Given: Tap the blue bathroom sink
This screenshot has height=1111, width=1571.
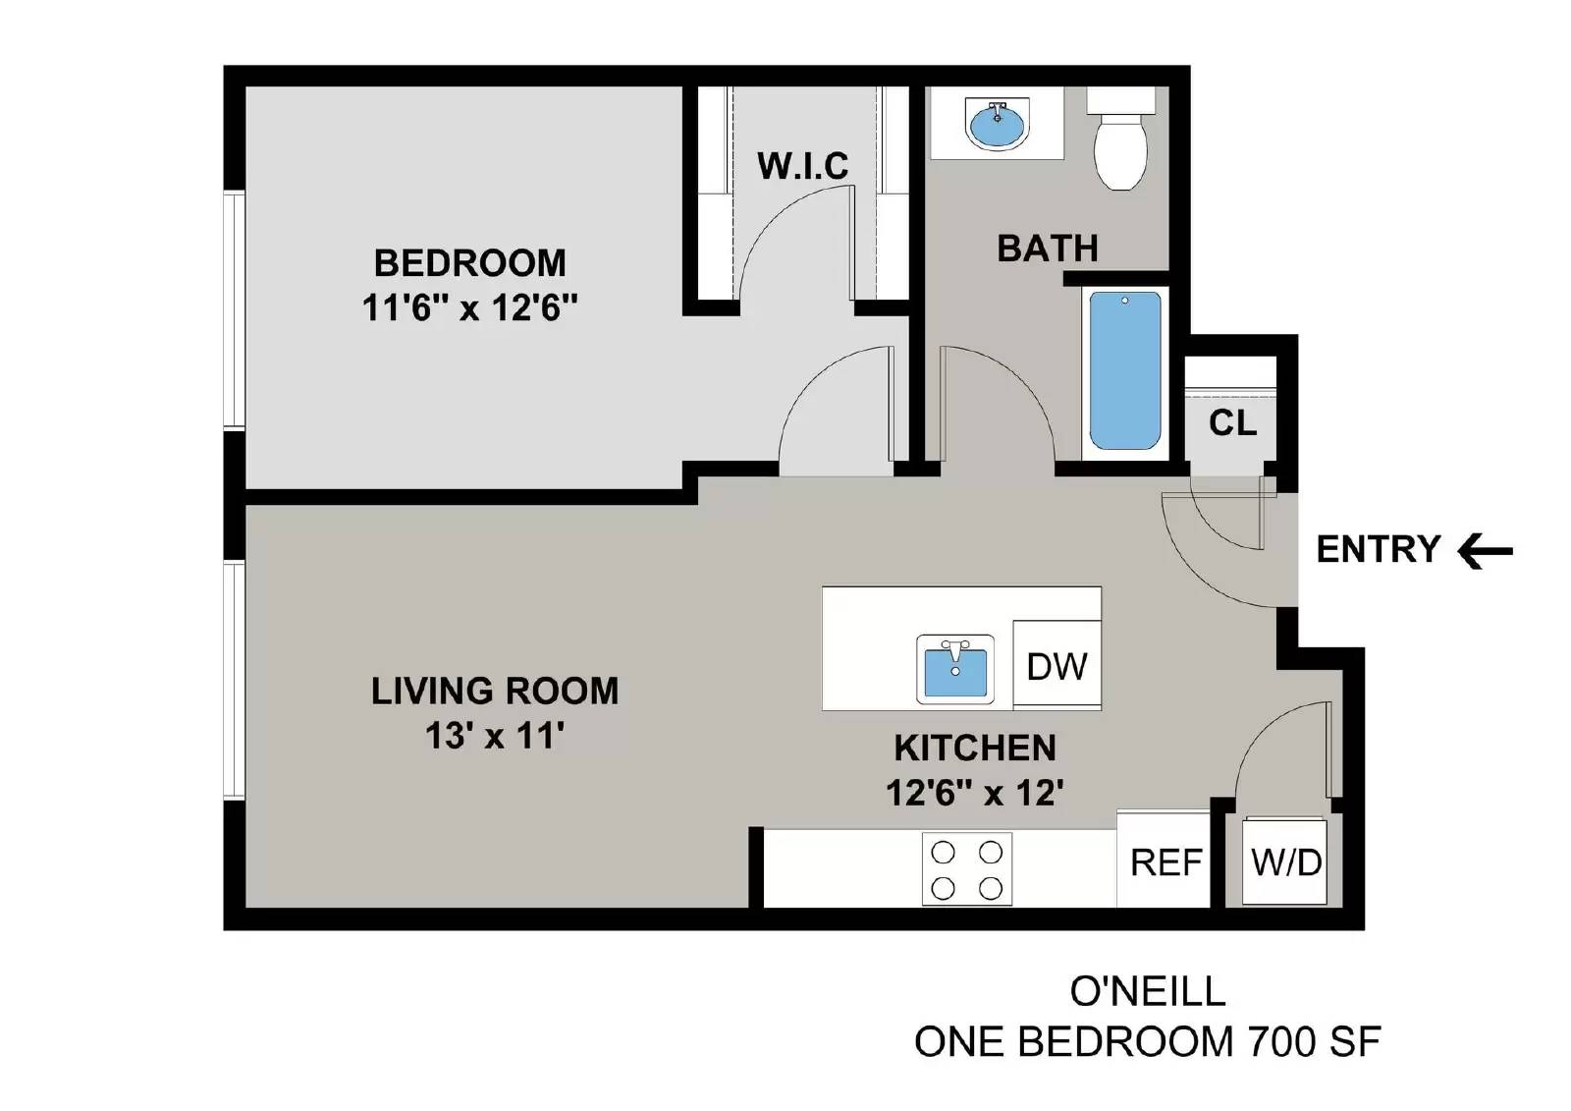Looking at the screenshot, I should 999,125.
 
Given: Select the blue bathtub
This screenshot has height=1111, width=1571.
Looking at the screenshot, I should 1124,371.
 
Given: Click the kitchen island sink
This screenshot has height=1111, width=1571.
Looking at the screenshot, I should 954,670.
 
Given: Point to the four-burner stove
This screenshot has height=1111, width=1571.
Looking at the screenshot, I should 967,869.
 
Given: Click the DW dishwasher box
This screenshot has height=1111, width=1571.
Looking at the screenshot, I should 1056,666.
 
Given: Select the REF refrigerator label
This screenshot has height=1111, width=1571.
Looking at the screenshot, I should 1165,862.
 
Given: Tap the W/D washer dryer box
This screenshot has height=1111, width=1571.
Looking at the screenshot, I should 1285,861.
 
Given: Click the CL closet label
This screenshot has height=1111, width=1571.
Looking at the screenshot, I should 1232,422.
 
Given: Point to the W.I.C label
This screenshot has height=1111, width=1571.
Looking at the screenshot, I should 802,166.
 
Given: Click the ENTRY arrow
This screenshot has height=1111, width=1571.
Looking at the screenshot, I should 1485,550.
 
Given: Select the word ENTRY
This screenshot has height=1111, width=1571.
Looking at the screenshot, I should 1378,549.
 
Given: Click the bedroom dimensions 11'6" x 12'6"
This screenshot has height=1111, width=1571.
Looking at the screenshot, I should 469,307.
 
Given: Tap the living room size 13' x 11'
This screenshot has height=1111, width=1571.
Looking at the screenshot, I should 494,735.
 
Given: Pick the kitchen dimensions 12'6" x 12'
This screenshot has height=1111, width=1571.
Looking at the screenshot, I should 975,792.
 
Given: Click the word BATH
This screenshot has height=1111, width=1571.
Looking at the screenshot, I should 1047,249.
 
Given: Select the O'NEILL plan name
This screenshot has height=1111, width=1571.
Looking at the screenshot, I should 1147,991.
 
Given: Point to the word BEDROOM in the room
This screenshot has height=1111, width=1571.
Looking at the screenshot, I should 469,263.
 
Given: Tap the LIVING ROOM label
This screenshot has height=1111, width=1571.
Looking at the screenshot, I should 494,691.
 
